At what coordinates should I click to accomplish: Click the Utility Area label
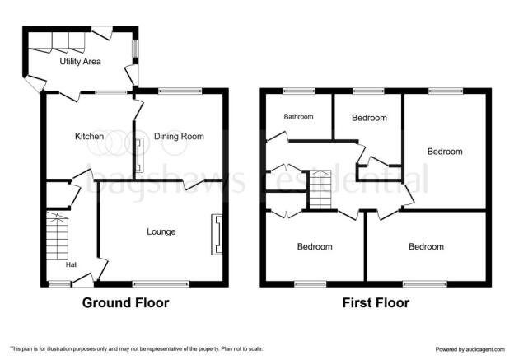(x=81, y=61)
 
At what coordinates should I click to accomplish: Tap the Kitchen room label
(x=90, y=136)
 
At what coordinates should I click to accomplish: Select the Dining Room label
(x=179, y=136)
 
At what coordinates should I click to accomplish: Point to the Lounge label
(x=161, y=231)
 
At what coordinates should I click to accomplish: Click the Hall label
(x=72, y=264)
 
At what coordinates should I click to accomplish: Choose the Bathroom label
(x=298, y=116)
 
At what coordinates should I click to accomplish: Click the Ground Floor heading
(x=125, y=302)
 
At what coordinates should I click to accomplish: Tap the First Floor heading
(x=376, y=302)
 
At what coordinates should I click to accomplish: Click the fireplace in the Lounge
(x=217, y=235)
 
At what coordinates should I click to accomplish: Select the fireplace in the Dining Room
(x=139, y=155)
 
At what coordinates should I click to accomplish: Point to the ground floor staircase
(x=57, y=236)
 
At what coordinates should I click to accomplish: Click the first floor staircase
(x=320, y=189)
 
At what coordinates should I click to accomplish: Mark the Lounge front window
(x=161, y=284)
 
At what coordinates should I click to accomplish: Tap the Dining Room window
(x=180, y=91)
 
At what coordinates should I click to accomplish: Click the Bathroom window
(x=299, y=91)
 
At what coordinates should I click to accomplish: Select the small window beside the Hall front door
(x=59, y=284)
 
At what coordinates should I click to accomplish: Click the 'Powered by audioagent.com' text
(x=470, y=349)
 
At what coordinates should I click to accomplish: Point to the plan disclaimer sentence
(x=137, y=348)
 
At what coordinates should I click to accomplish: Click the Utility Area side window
(x=135, y=49)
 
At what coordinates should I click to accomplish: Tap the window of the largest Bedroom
(x=445, y=91)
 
